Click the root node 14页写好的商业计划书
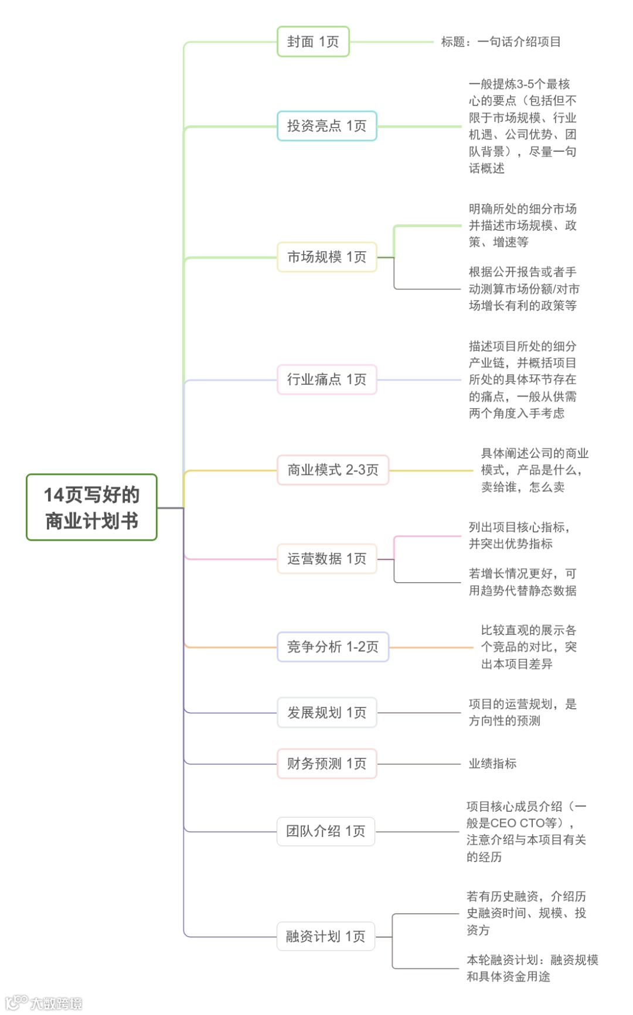(x=91, y=507)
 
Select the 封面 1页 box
(x=313, y=42)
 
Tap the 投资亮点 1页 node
(x=326, y=126)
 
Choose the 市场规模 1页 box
(x=326, y=257)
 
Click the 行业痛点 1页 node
(x=326, y=380)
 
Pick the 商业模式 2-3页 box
(x=332, y=470)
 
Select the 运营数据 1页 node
(x=326, y=559)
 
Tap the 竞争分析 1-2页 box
(x=332, y=647)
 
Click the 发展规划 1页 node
(x=326, y=712)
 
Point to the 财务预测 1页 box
(x=326, y=763)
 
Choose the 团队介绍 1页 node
(x=325, y=831)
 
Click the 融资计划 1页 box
(x=325, y=936)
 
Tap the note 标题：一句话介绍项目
(x=501, y=42)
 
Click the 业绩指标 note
(x=492, y=763)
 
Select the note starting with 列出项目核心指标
(x=519, y=535)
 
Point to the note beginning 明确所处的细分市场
(x=522, y=225)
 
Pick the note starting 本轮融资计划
(x=532, y=968)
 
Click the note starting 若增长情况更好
(x=522, y=582)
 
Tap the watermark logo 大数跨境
(x=45, y=1003)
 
